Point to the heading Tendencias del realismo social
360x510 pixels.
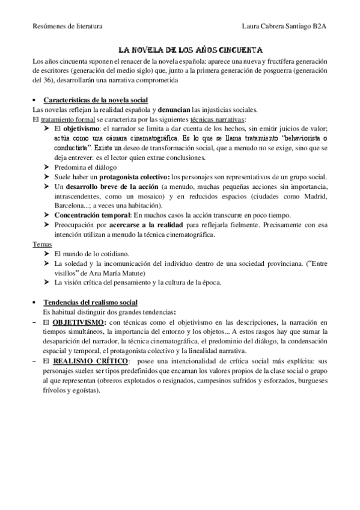coord(91,301)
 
